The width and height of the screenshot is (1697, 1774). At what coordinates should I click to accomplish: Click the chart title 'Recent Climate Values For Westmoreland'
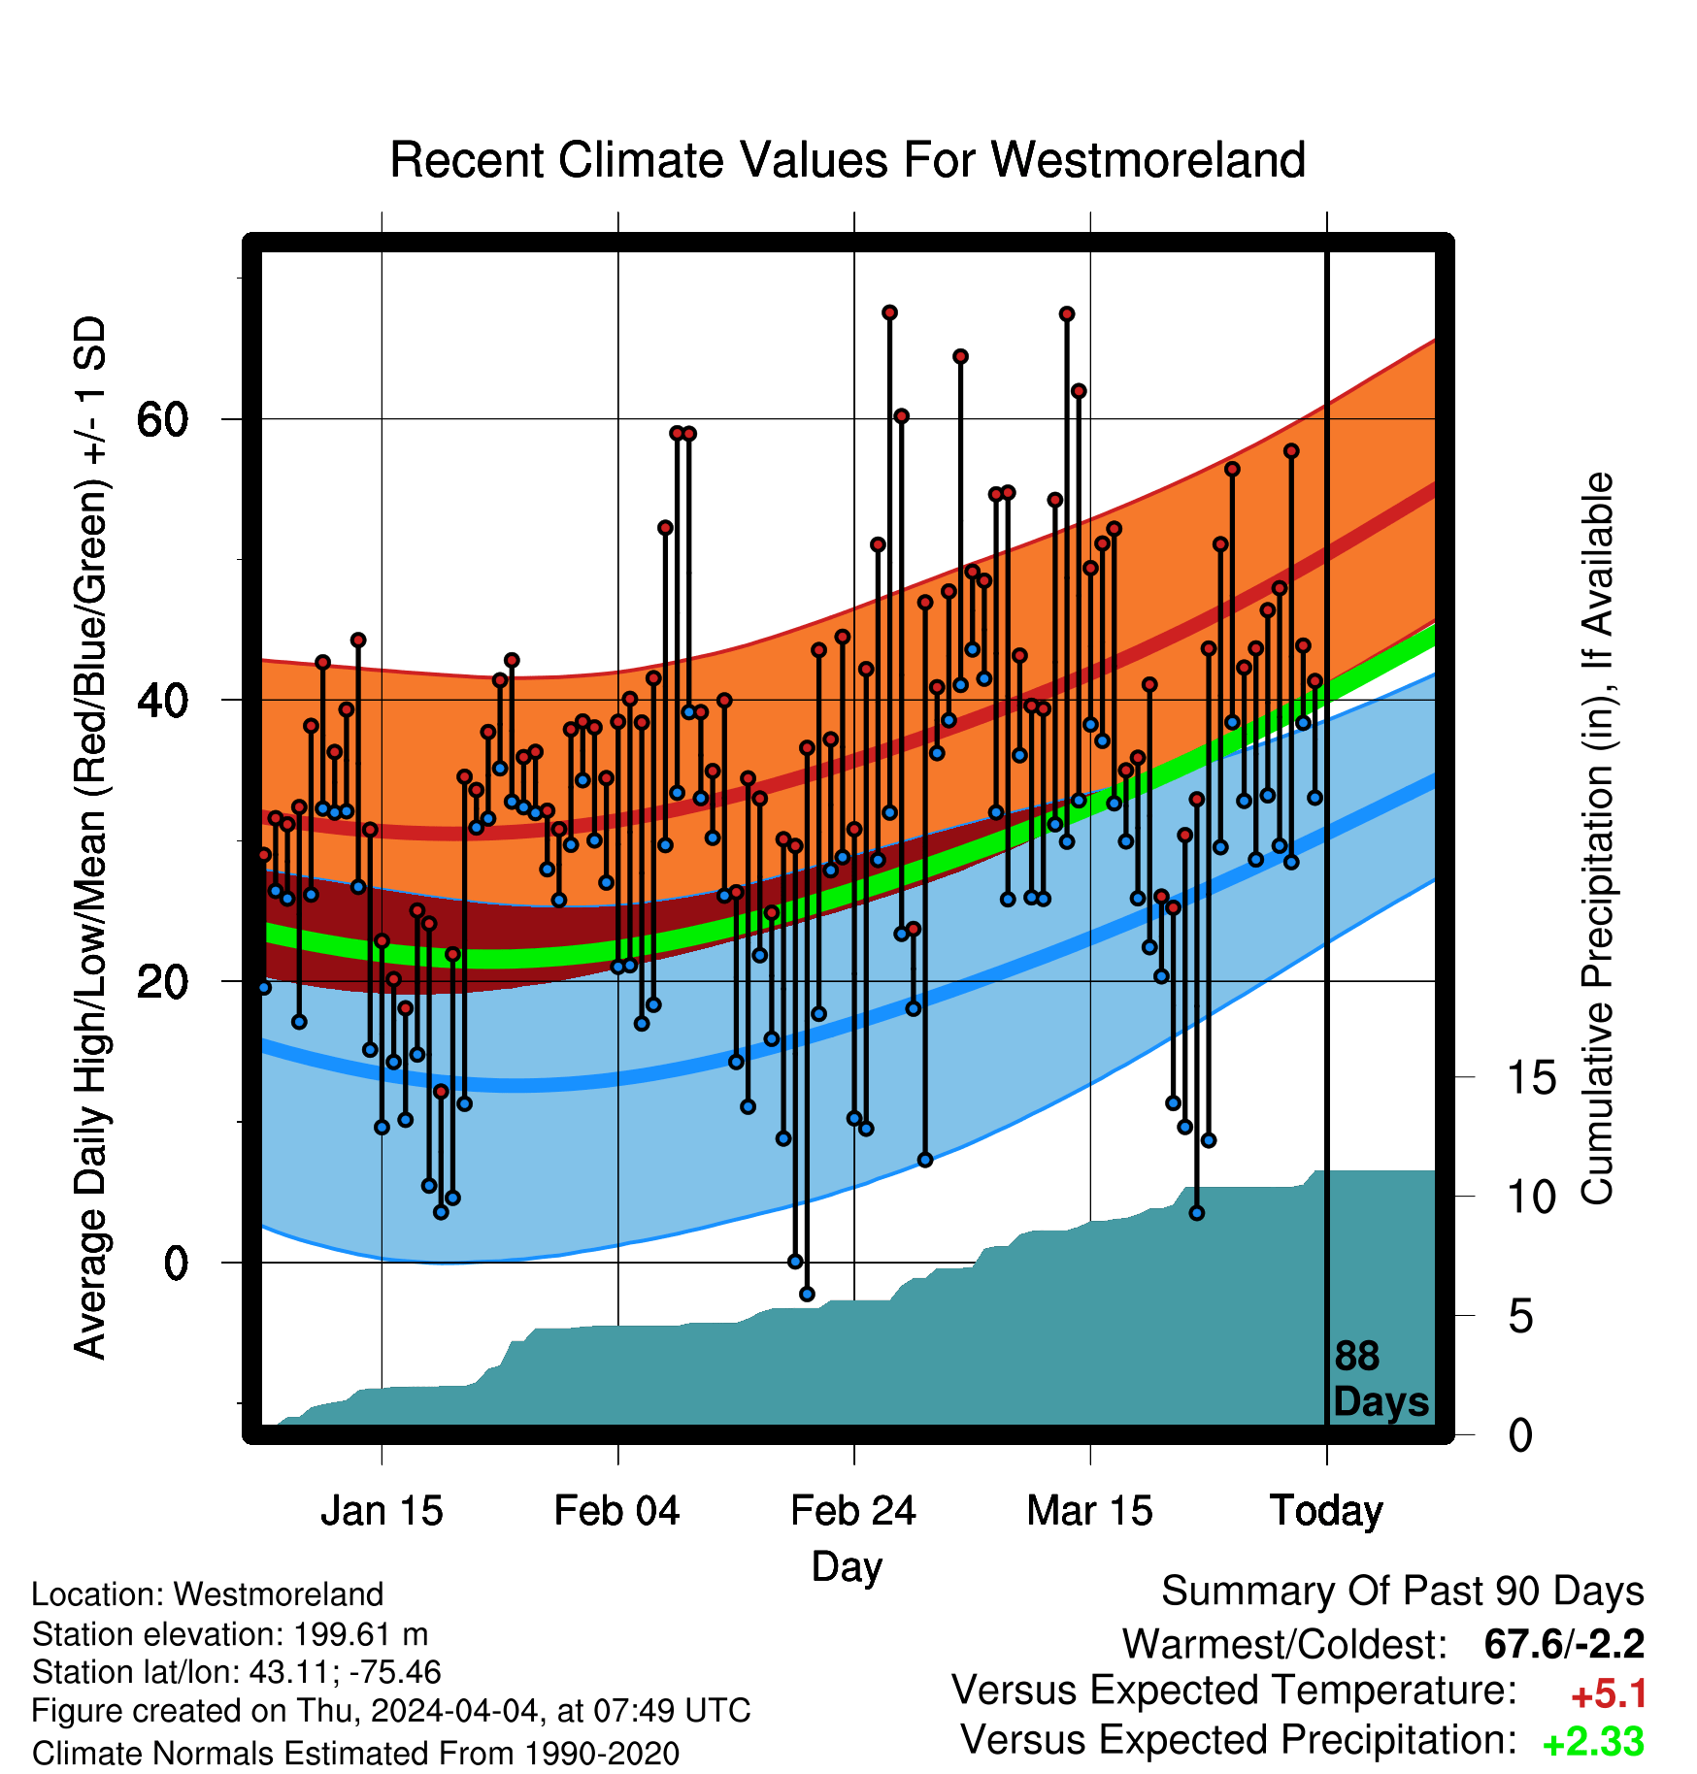848,160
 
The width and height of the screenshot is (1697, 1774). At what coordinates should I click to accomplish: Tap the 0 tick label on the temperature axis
176,1264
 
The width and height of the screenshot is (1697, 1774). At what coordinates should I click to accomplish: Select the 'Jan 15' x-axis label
382,1511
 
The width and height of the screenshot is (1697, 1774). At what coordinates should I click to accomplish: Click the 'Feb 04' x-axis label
617,1511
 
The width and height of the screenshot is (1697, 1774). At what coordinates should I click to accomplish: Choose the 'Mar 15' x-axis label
1090,1511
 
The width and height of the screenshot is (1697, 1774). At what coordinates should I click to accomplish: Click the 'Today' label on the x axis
1327,1511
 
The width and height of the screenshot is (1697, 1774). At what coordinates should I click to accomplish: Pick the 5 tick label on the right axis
1521,1317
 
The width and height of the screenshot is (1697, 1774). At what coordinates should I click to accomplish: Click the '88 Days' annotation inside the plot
1381,1379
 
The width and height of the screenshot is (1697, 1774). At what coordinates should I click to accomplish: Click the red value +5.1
1609,1694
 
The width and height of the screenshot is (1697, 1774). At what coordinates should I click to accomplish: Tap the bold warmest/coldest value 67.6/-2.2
1565,1645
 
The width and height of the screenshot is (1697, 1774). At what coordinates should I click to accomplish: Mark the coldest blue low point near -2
807,1295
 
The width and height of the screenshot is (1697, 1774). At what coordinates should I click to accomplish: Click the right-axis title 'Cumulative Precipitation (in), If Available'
1597,839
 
